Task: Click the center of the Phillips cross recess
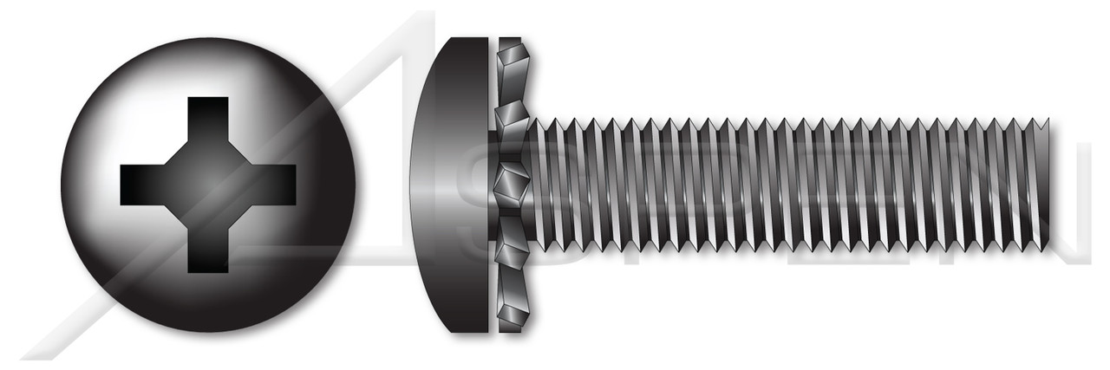point(208,184)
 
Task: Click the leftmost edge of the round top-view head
point(62,184)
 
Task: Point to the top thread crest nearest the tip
point(1041,121)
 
